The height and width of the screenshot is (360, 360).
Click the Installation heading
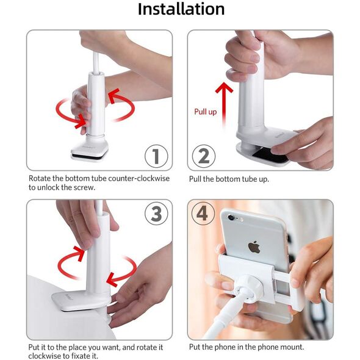tap(181, 9)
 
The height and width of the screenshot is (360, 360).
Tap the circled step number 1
tap(156, 156)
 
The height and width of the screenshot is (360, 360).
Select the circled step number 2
tap(204, 156)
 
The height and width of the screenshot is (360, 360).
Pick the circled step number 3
tap(156, 214)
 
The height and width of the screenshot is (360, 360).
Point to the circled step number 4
tap(203, 214)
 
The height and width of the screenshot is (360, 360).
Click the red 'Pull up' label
tap(206, 112)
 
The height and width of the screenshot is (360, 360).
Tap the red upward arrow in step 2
tap(224, 104)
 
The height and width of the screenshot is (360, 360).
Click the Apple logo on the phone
tap(254, 247)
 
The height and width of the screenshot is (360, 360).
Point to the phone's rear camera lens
tap(231, 217)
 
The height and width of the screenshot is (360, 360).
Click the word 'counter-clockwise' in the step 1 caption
tap(139, 178)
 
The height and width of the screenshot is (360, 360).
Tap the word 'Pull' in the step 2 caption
tap(195, 179)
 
